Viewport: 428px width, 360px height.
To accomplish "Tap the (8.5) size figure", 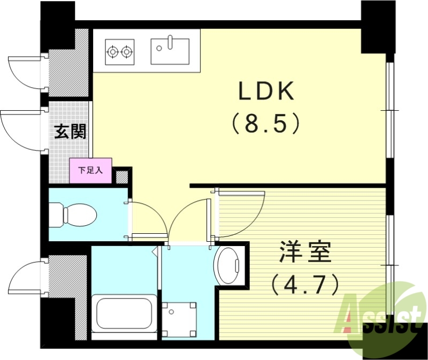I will [266, 124].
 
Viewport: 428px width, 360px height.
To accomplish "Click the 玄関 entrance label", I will [70, 131].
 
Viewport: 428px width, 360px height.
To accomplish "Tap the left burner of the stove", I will [113, 52].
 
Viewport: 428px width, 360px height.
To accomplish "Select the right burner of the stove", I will [127, 52].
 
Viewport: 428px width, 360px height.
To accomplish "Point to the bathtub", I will [123, 313].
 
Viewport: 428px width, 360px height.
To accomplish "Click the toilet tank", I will [57, 215].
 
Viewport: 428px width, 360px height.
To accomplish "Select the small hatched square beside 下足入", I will [122, 175].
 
